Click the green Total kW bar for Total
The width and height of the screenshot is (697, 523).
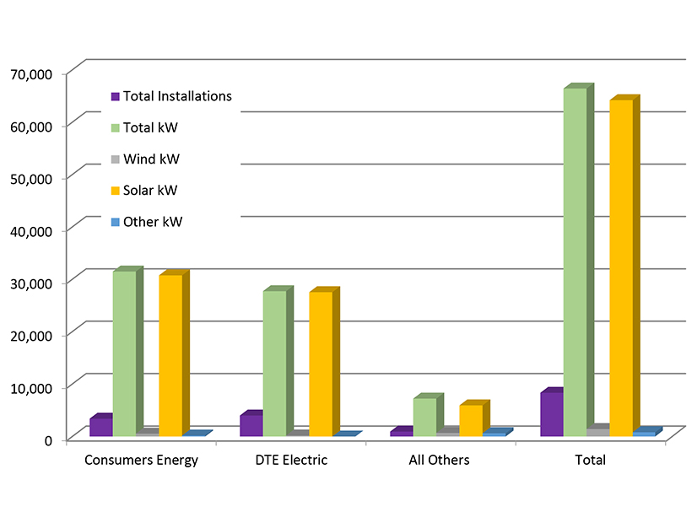pos(575,261)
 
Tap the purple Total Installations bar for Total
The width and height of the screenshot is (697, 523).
pos(551,414)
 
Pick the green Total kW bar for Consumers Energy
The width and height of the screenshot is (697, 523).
pos(124,353)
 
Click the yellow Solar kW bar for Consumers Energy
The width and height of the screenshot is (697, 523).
pos(170,355)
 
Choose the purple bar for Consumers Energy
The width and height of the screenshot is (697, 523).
pos(100,427)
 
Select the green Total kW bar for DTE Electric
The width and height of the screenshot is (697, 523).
pos(274,363)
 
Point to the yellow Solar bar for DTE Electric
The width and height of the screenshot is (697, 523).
pos(321,364)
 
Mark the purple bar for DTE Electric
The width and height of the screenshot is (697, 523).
pos(251,425)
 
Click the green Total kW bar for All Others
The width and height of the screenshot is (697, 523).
pos(424,417)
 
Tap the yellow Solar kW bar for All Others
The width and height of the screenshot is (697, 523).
pos(471,420)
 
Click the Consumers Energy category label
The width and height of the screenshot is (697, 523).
pos(142,460)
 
